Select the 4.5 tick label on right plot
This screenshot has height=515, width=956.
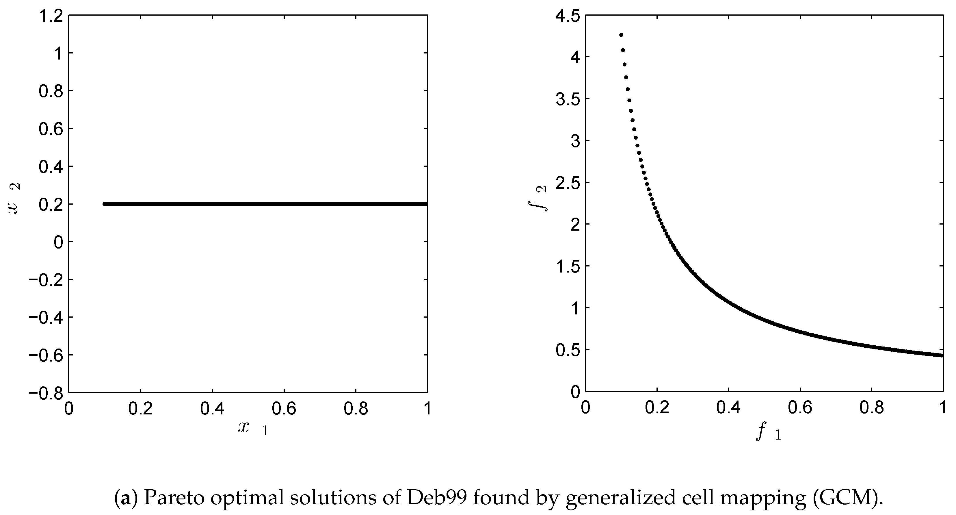(568, 16)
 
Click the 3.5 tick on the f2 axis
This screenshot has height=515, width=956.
(568, 99)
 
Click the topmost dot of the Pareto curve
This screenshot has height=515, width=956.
(621, 35)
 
